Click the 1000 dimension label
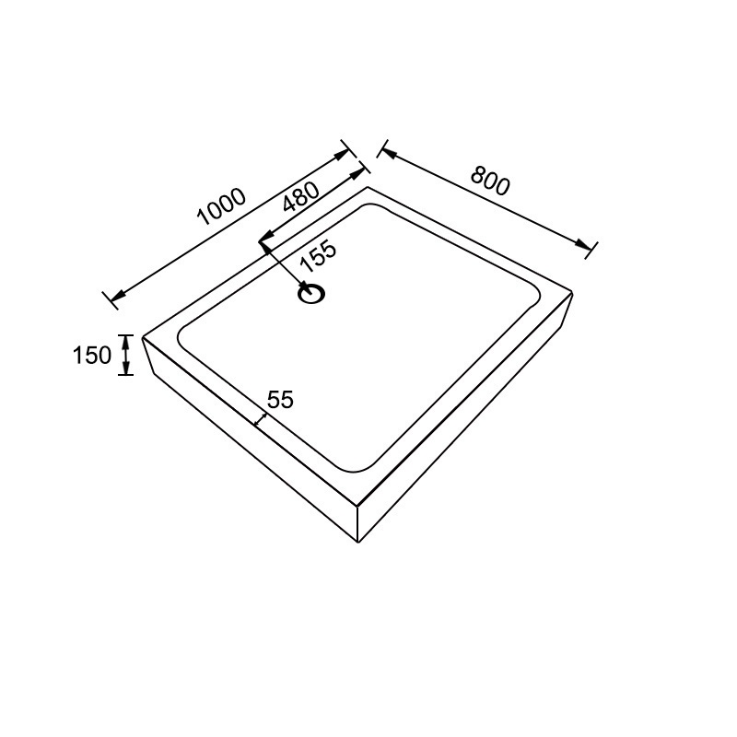(x=221, y=206)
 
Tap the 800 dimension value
(x=490, y=180)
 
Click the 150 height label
(x=91, y=355)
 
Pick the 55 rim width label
(x=280, y=400)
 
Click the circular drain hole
(x=311, y=295)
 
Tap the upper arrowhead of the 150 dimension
(x=125, y=341)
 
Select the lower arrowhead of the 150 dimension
(x=125, y=368)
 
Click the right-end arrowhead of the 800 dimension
(x=583, y=244)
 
